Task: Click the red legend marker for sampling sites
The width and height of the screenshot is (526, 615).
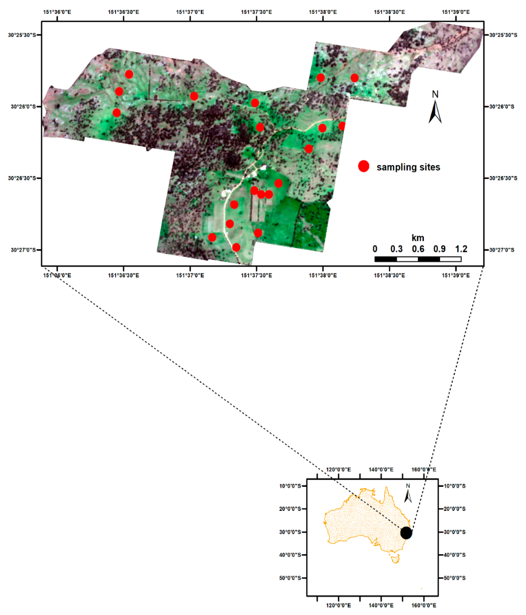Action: coord(363,166)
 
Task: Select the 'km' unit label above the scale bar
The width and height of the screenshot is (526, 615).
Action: coord(418,238)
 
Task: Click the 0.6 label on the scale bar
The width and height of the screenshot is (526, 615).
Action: coord(418,249)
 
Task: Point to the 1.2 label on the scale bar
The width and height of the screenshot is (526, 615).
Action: coord(461,249)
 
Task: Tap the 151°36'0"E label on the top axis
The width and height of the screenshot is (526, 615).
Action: coord(57,12)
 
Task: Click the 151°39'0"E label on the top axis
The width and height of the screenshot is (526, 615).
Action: coord(456,12)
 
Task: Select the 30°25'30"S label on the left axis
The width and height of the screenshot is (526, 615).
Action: coord(22,35)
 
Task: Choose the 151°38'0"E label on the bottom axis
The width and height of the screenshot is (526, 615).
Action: coord(323,275)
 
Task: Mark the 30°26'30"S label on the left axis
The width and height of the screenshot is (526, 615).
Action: coord(22,178)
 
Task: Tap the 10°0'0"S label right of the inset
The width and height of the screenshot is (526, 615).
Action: coord(455,486)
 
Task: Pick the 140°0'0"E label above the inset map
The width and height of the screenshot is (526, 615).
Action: coord(381,470)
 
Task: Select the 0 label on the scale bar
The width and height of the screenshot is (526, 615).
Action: coord(375,249)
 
